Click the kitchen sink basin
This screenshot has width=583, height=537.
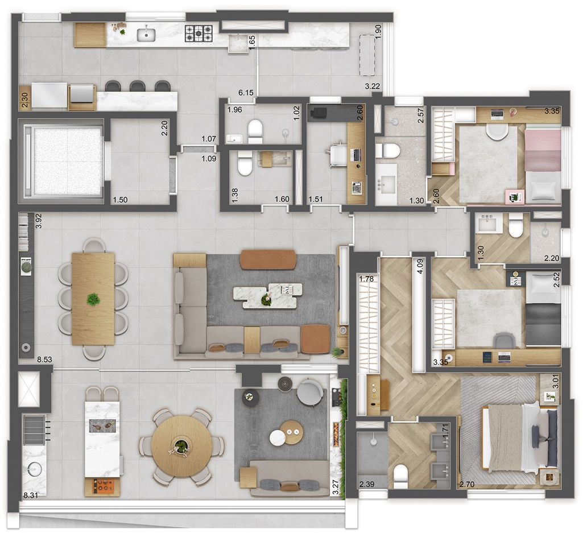pyautogui.click(x=147, y=35)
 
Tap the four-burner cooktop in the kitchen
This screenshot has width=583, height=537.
pyautogui.click(x=199, y=33)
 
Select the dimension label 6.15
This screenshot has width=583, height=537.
pyautogui.click(x=246, y=93)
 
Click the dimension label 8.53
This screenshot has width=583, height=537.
pyautogui.click(x=44, y=360)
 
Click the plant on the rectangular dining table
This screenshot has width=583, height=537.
pyautogui.click(x=93, y=299)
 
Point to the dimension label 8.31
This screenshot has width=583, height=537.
pyautogui.click(x=31, y=495)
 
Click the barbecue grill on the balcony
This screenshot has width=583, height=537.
pyautogui.click(x=35, y=430)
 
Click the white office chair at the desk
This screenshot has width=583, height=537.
pyautogui.click(x=338, y=154)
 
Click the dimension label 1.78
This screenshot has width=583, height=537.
pyautogui.click(x=366, y=278)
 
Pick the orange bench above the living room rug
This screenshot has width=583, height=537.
pyautogui.click(x=268, y=259)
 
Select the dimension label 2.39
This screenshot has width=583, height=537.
pyautogui.click(x=367, y=484)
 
